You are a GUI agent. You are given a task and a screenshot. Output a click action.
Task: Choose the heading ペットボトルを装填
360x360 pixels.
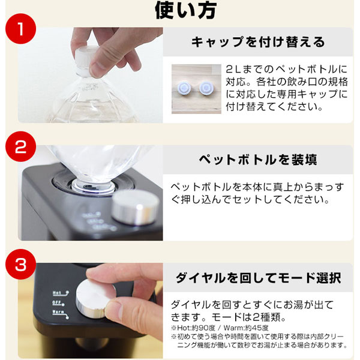click(x=257, y=160)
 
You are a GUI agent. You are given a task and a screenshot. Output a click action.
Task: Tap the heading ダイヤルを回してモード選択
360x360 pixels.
click(x=257, y=278)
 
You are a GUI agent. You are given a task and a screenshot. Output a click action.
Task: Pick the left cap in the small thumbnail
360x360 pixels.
click(x=185, y=88)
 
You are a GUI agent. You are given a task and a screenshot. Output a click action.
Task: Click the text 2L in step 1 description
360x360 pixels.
click(x=235, y=70)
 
